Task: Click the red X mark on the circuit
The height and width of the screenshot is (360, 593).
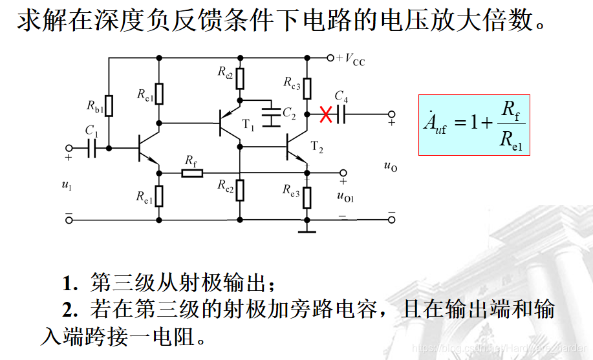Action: click(327, 115)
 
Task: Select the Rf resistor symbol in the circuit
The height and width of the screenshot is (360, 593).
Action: click(192, 173)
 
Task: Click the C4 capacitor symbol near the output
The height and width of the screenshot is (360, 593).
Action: click(341, 114)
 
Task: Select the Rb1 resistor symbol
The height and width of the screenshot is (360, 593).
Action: click(109, 105)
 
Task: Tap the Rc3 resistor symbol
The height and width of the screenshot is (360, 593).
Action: click(307, 89)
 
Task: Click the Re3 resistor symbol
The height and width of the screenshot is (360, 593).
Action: click(306, 195)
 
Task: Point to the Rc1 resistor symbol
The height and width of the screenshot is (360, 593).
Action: click(158, 94)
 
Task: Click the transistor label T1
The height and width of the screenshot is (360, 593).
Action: click(248, 127)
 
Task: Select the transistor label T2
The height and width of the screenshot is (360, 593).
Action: click(316, 147)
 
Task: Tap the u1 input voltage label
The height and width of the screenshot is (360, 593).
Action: click(67, 185)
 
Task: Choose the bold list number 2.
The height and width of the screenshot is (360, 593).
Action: click(69, 310)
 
